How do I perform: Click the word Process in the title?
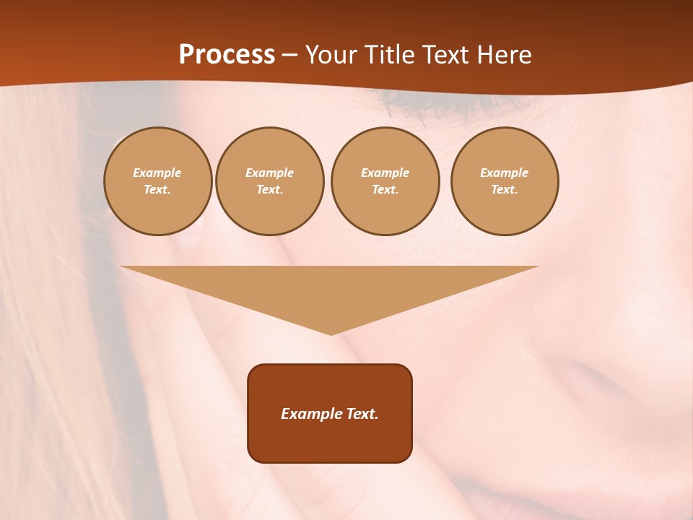227,55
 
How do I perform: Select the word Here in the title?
502,55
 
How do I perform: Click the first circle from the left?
157,181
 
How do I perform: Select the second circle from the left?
269,181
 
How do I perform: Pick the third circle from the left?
385,181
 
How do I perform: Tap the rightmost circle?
505,181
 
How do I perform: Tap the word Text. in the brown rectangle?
363,414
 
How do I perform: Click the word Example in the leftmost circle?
157,173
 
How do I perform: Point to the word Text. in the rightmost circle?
505,190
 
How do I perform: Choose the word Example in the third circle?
385,173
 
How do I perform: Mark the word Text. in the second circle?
269,190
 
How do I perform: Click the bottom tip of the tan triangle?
331,333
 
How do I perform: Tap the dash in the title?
290,55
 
